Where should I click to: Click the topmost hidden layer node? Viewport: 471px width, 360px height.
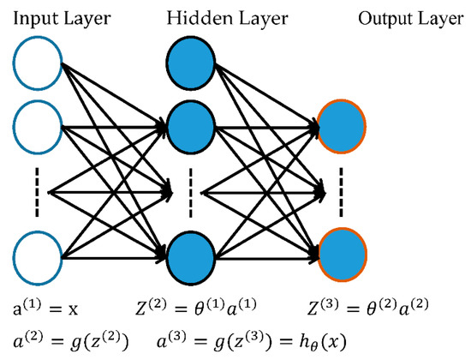191,65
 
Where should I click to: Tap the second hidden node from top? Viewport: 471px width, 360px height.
191,126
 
